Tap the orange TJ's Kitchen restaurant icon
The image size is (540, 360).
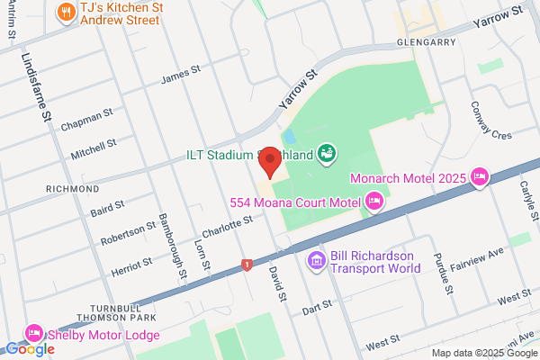[x=65, y=12]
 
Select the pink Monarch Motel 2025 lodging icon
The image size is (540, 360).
[x=480, y=176]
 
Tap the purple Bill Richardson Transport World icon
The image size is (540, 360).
[x=316, y=261]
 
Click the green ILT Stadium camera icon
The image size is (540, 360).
[x=328, y=154]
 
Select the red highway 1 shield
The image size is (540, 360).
[x=246, y=265]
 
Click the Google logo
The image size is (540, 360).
[x=30, y=349]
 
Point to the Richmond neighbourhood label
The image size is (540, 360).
[x=71, y=188]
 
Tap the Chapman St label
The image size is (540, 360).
[x=86, y=119]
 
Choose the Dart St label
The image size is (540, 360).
[x=318, y=307]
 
